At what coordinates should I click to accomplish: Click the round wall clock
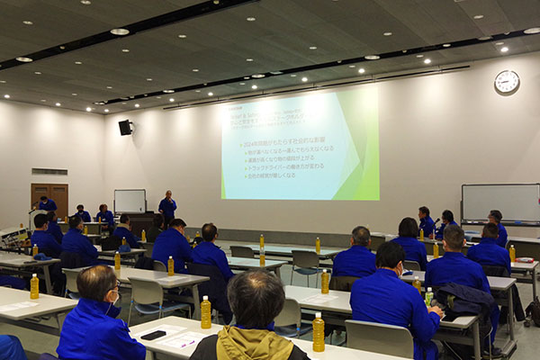(x=507, y=82)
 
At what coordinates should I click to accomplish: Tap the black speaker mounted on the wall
(x=125, y=128)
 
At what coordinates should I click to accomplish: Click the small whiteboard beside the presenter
(x=130, y=201)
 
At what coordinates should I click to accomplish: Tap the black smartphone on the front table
(x=153, y=335)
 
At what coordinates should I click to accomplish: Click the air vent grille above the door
(x=49, y=171)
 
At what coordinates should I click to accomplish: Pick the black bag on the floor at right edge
(x=533, y=310)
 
